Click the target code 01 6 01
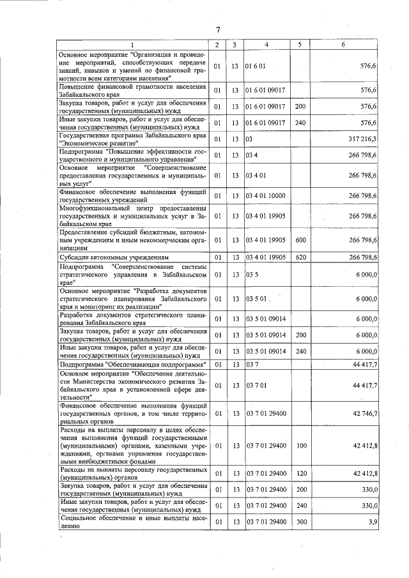click(x=255, y=66)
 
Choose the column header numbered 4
click(x=266, y=45)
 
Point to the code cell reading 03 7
click(x=251, y=364)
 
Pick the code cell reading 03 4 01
click(x=255, y=175)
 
